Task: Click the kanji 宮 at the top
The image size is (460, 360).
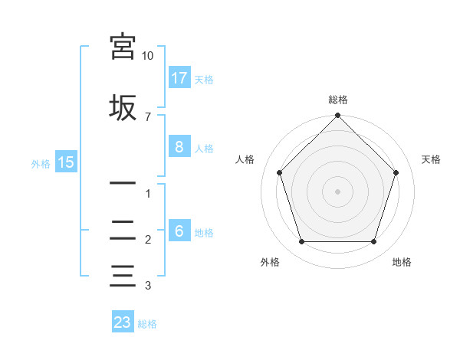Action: (x=123, y=47)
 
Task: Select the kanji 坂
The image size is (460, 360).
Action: (x=123, y=106)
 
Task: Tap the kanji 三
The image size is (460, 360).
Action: (x=123, y=274)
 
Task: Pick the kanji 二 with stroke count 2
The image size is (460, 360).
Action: (x=123, y=230)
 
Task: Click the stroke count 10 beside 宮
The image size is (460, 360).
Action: (x=147, y=57)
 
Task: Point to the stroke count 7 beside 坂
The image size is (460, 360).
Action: (x=147, y=117)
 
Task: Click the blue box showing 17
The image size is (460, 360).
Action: (x=179, y=78)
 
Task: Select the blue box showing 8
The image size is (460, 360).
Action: (x=179, y=147)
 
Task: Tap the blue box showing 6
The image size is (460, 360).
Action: (x=179, y=231)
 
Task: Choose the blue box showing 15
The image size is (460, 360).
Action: (x=65, y=162)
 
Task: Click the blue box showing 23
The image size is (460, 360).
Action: (x=123, y=322)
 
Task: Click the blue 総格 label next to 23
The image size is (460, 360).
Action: (x=147, y=324)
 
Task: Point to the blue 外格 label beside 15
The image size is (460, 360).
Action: (x=41, y=163)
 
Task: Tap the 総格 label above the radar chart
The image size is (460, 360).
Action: (x=337, y=100)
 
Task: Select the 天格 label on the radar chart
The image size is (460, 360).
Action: (x=431, y=159)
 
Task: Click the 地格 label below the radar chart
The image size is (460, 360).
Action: (x=402, y=262)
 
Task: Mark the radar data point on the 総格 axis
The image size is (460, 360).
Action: (x=337, y=116)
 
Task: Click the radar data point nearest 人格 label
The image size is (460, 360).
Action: (x=279, y=172)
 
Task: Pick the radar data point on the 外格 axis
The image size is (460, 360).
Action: (x=301, y=242)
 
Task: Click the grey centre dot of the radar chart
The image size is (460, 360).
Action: (x=337, y=191)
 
